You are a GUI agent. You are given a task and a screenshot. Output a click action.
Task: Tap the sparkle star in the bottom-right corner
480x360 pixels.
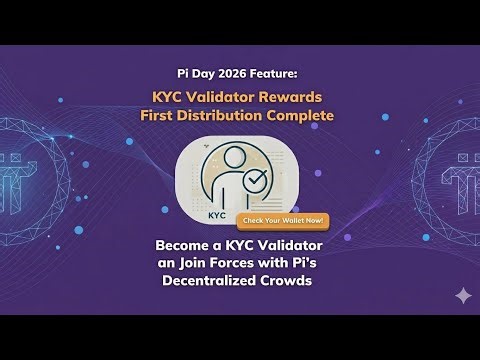click(x=435, y=296)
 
